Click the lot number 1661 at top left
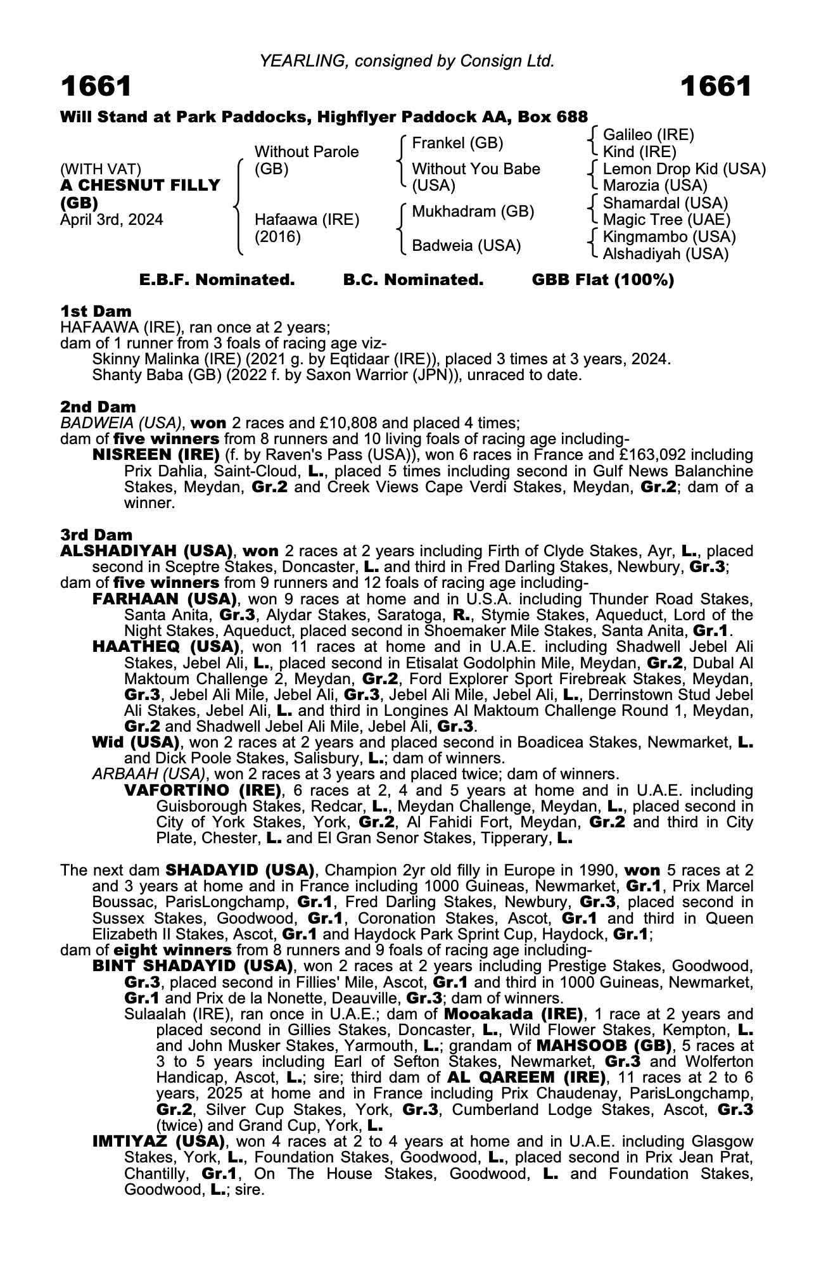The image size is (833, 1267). (x=96, y=87)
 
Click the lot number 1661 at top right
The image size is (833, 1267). (x=716, y=87)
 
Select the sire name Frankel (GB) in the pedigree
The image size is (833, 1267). (x=457, y=143)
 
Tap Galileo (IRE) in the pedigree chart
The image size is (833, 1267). (x=648, y=135)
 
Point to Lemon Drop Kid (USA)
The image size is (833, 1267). (x=684, y=169)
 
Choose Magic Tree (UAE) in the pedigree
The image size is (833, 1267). (x=666, y=220)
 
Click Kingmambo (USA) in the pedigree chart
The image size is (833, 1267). (x=669, y=237)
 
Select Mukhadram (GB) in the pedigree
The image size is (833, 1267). (x=473, y=212)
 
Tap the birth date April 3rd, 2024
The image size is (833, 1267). (x=111, y=220)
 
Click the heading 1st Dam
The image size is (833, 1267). (x=96, y=311)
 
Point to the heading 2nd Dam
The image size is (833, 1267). (x=98, y=407)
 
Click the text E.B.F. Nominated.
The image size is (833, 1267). (x=217, y=280)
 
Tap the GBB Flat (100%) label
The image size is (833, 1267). (x=602, y=280)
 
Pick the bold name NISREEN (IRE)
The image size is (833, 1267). (x=156, y=455)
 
